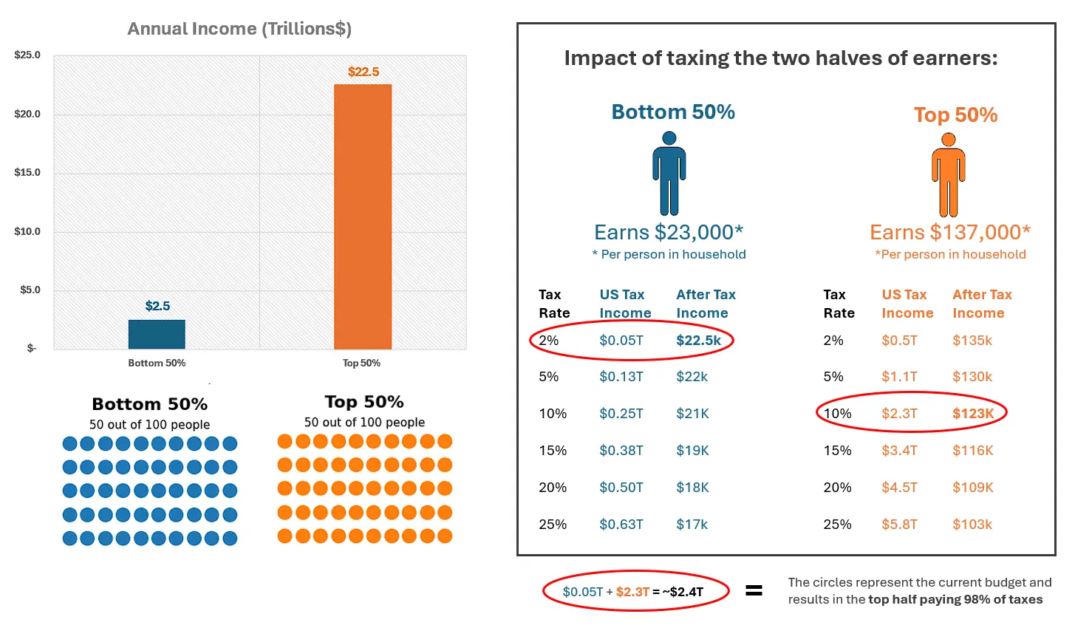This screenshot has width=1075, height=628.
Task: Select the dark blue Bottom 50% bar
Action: [157, 334]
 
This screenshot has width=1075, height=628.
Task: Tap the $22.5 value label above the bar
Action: [364, 72]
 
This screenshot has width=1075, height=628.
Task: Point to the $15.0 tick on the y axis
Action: [27, 172]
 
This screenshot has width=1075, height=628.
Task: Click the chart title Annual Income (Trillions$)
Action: [239, 29]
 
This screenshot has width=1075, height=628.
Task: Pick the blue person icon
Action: [669, 174]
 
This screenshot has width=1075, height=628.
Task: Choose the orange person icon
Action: [948, 175]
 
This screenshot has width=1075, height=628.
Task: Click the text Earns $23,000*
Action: [669, 232]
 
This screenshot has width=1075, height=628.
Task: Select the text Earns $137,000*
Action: [950, 232]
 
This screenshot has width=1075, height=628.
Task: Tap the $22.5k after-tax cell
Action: [698, 341]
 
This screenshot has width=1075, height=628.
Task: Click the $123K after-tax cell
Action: [973, 414]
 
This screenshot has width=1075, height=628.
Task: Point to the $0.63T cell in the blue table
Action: [621, 525]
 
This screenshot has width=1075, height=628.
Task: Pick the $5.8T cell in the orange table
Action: [899, 525]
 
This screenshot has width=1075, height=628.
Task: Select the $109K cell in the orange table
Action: [972, 488]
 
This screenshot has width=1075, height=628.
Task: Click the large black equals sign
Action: [754, 590]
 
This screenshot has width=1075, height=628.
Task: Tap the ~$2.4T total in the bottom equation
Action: [683, 592]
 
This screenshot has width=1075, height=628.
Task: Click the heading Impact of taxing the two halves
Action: [781, 58]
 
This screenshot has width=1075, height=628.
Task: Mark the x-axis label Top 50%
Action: [361, 363]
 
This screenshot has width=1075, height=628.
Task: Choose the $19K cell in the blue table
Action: [692, 451]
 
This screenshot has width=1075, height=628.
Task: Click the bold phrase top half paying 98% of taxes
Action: [955, 599]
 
